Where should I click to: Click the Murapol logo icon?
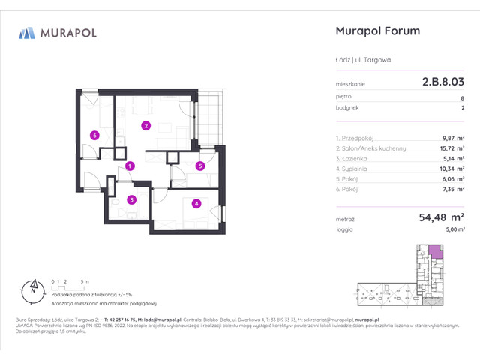pos(27,32)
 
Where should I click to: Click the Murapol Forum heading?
pos(375,31)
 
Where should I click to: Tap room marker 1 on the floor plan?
pos(130,166)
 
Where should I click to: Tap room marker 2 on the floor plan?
pos(146,126)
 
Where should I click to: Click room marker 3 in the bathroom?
pos(131,199)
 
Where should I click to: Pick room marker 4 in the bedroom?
pos(195,202)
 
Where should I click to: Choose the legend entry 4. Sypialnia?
pos(355,169)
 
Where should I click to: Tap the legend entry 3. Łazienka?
pos(355,159)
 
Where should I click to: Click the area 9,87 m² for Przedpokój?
pos(452,138)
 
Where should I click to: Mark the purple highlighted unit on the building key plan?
pos(434,253)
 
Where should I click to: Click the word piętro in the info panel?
pos(343,97)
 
